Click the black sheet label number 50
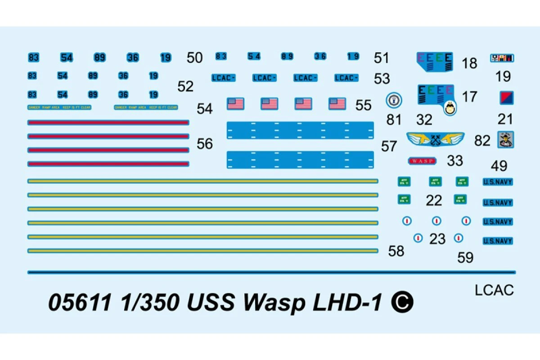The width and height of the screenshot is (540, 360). [x=194, y=58]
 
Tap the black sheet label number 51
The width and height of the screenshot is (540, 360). [x=381, y=58]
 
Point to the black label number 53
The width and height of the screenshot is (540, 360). [x=382, y=78]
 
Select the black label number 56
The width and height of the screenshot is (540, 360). [x=205, y=144]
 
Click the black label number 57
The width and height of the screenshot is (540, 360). [x=389, y=146]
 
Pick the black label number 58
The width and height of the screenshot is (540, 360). [x=396, y=251]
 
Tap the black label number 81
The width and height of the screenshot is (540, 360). [x=394, y=119]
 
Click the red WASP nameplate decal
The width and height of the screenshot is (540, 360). [x=422, y=161]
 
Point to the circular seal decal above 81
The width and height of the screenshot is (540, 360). [x=394, y=100]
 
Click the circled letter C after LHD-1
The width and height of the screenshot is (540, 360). [x=402, y=302]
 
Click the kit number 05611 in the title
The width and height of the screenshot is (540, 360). [x=79, y=303]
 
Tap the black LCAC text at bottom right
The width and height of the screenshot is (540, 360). [x=494, y=290]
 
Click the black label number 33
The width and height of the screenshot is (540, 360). [x=455, y=160]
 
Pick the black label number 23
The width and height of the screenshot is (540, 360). [x=437, y=239]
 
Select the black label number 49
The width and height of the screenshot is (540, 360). [x=499, y=166]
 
